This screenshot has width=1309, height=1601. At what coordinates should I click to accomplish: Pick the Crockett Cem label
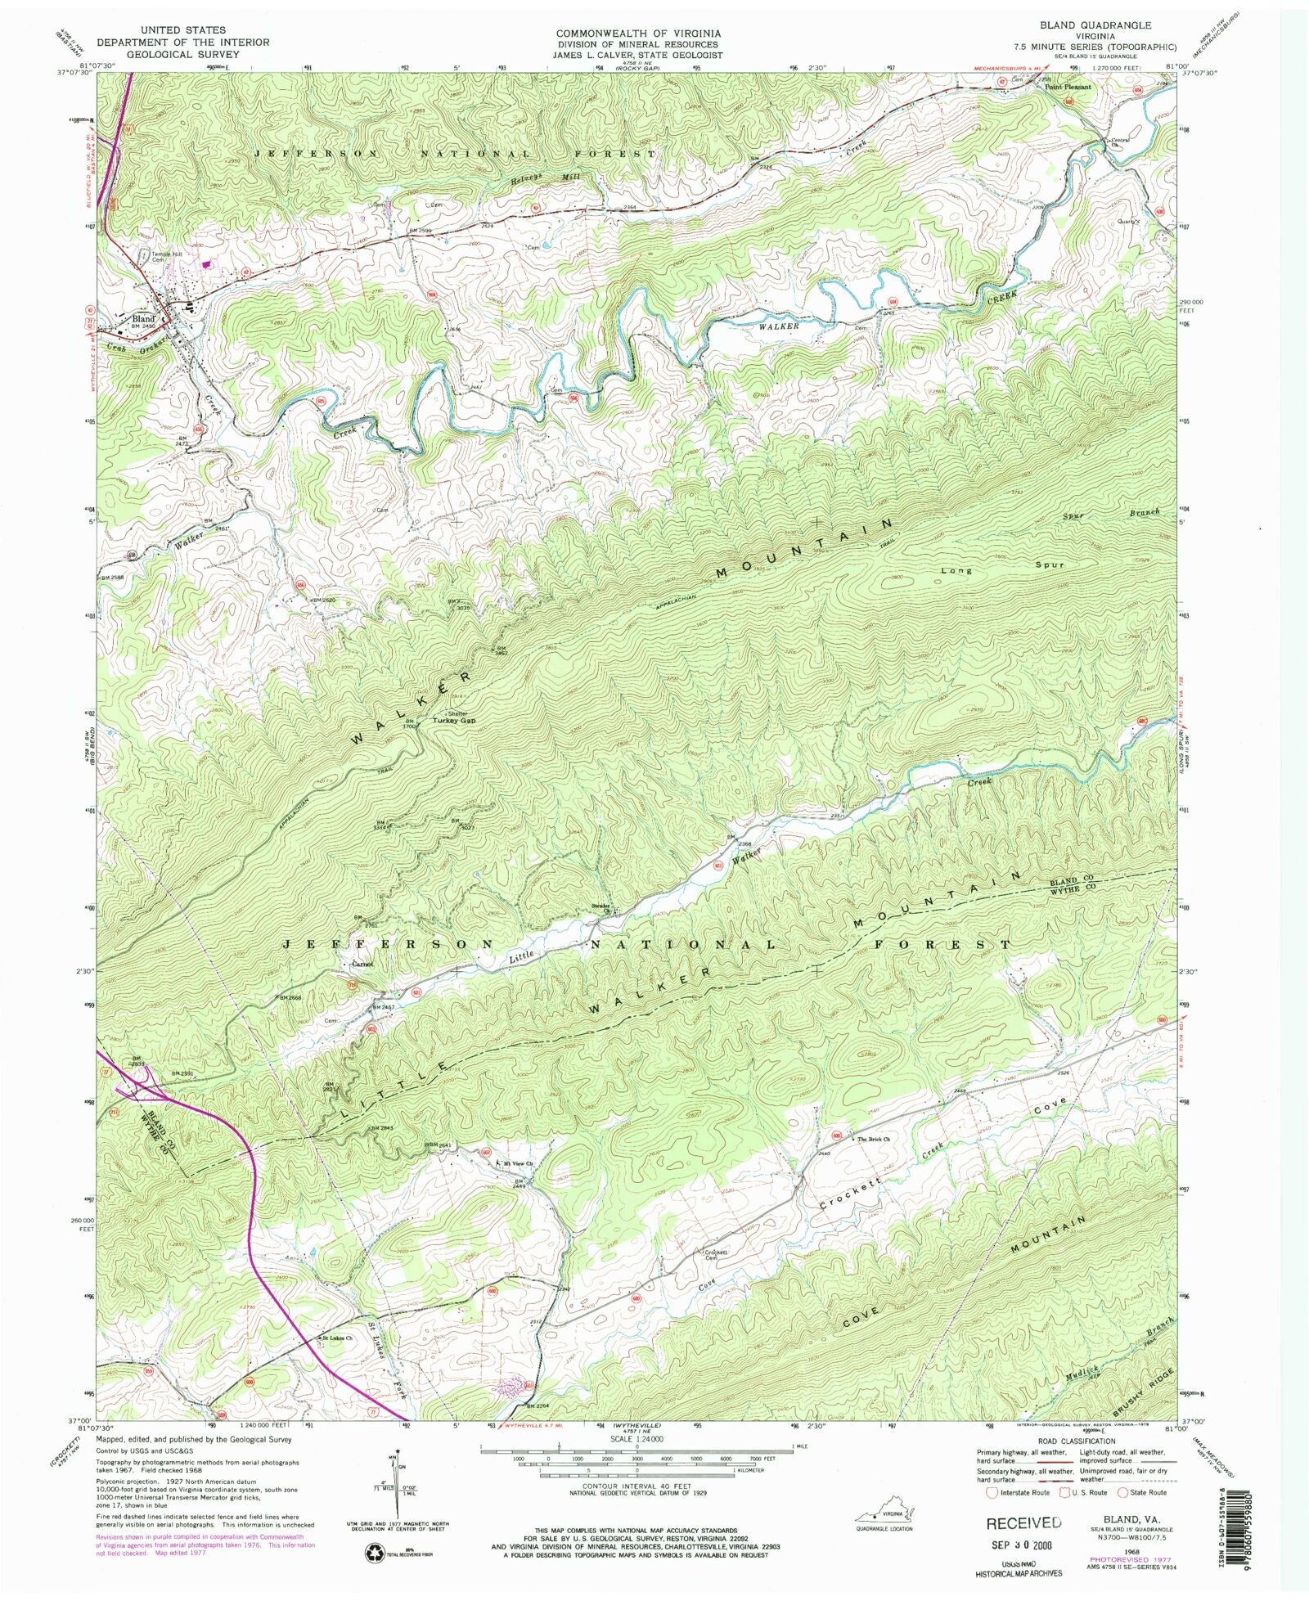[716, 1254]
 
